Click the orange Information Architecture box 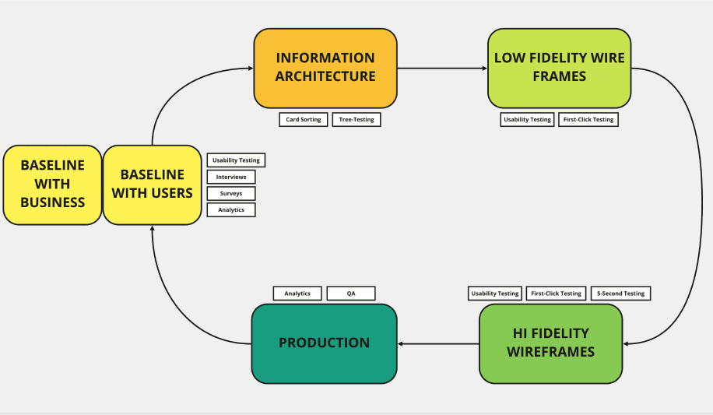click(325, 68)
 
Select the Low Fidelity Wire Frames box click(559, 68)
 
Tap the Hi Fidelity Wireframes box click(550, 343)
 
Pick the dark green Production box click(324, 343)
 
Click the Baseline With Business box click(52, 185)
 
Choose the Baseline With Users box click(152, 185)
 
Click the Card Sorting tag click(304, 120)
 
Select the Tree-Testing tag click(356, 120)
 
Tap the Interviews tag click(231, 177)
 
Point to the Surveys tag click(231, 193)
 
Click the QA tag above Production click(351, 294)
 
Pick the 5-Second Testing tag click(620, 294)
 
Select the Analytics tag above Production click(297, 294)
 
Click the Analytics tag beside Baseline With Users click(231, 209)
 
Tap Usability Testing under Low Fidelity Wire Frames click(527, 120)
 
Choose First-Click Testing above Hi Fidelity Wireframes click(556, 294)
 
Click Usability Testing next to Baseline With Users click(236, 160)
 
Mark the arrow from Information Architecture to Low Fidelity click(442, 69)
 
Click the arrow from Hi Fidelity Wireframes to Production click(437, 343)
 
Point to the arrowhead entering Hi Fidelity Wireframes click(627, 343)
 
